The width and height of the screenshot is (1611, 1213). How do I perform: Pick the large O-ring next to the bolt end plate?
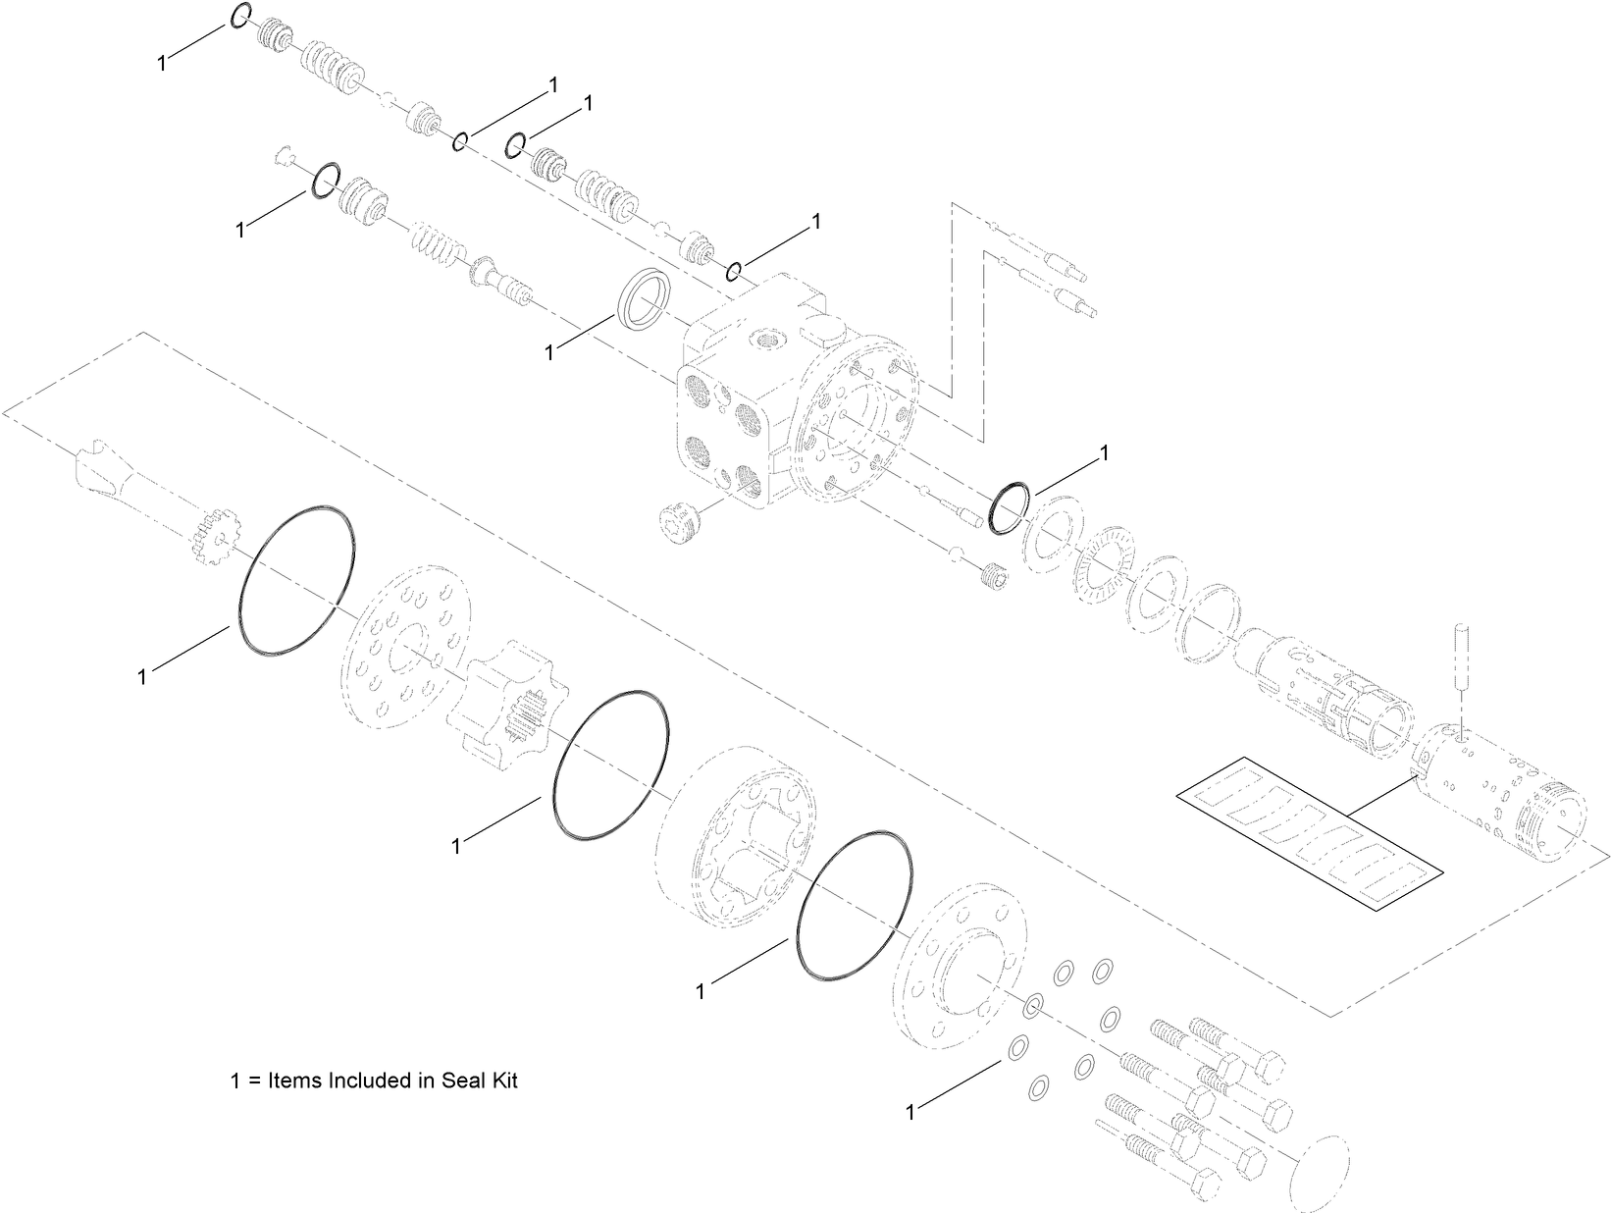(856, 907)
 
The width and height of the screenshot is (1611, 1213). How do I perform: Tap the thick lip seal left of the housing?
(645, 296)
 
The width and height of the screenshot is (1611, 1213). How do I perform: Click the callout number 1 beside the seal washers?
(910, 1112)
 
